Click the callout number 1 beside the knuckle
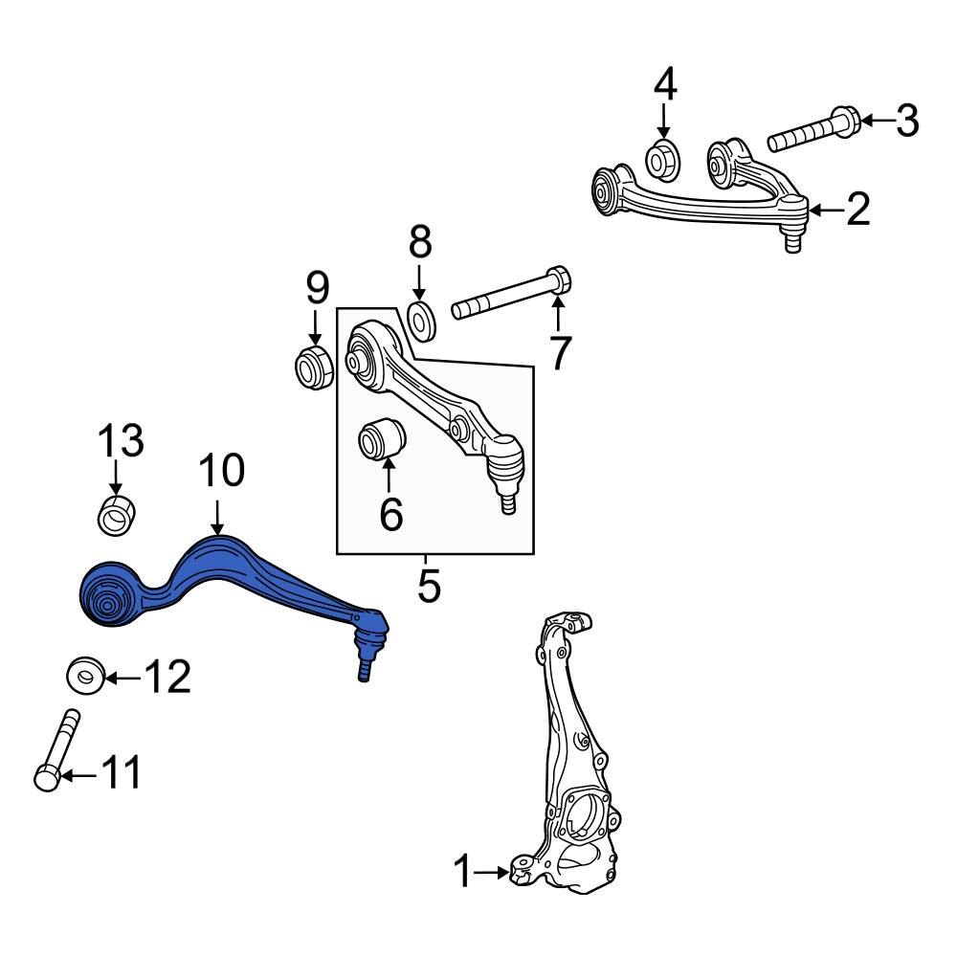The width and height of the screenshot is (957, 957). click(463, 872)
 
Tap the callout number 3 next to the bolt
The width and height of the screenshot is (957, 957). click(906, 121)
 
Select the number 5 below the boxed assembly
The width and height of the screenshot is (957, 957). click(429, 586)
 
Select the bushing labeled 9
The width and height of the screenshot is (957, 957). click(313, 367)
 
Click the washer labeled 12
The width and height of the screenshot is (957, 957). click(85, 677)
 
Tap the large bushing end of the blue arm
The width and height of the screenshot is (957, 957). click(108, 598)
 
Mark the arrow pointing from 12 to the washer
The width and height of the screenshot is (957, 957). click(122, 679)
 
